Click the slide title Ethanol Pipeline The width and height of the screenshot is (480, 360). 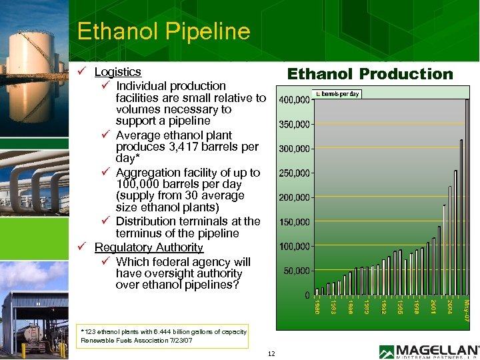tap(163, 31)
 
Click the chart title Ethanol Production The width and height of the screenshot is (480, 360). tap(369, 74)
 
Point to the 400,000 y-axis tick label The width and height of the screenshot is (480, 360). tap(293, 100)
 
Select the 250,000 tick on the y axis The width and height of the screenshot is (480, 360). tap(293, 173)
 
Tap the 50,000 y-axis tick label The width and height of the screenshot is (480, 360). tap(295, 271)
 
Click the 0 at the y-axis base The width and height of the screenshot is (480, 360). tap(306, 295)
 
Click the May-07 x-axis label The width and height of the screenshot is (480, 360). tap(467, 310)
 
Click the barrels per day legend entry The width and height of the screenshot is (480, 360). tap(337, 94)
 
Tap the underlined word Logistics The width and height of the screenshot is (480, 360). tap(117, 71)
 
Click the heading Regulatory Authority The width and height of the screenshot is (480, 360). tap(149, 247)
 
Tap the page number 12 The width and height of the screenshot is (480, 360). tap(271, 353)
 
